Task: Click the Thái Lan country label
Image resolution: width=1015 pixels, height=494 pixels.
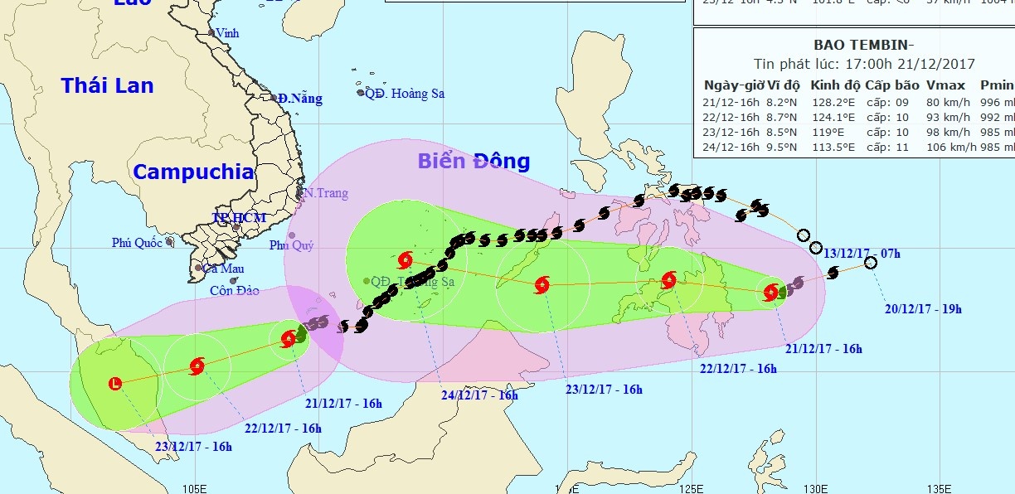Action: pyautogui.click(x=107, y=85)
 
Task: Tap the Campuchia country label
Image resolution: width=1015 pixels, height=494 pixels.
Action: pyautogui.click(x=193, y=172)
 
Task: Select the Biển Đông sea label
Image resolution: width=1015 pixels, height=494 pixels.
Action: pyautogui.click(x=474, y=161)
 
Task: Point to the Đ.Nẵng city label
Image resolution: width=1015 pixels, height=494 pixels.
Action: pyautogui.click(x=300, y=99)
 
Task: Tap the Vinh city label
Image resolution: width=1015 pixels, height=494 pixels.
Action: pyautogui.click(x=227, y=34)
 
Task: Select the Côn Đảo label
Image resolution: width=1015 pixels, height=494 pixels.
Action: pyautogui.click(x=234, y=291)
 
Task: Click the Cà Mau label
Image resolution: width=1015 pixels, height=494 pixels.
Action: pyautogui.click(x=221, y=269)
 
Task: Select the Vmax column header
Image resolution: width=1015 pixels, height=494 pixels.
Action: pyautogui.click(x=945, y=85)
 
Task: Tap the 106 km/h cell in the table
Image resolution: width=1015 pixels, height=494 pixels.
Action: pyautogui.click(x=946, y=147)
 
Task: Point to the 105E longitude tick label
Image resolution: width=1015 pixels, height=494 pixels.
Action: pyautogui.click(x=193, y=487)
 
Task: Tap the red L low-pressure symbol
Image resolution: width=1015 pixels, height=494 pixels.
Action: pyautogui.click(x=114, y=383)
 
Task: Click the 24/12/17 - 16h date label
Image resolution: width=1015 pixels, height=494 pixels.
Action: pyautogui.click(x=479, y=395)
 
